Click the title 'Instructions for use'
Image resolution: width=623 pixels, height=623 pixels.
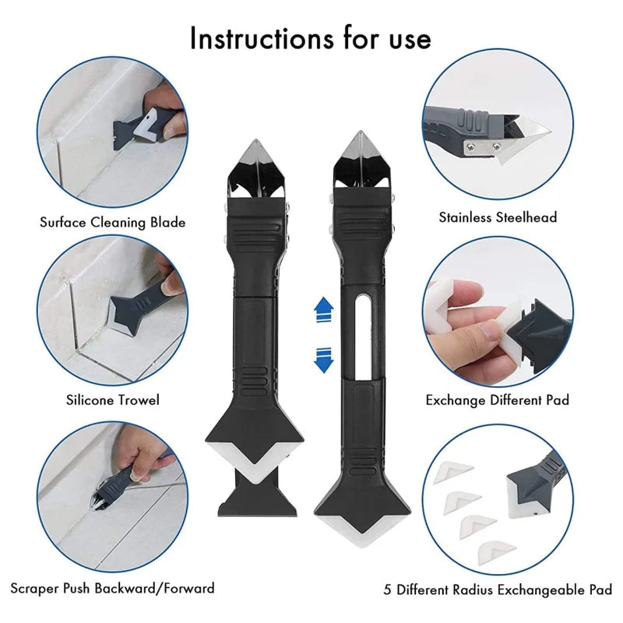(x=310, y=38)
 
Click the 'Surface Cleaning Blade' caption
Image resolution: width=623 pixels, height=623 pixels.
(x=113, y=223)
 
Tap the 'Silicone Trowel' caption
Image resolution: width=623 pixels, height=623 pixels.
(x=113, y=400)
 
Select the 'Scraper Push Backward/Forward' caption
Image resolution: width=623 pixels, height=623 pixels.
(x=113, y=587)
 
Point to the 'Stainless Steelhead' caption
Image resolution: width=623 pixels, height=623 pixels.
(x=498, y=217)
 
